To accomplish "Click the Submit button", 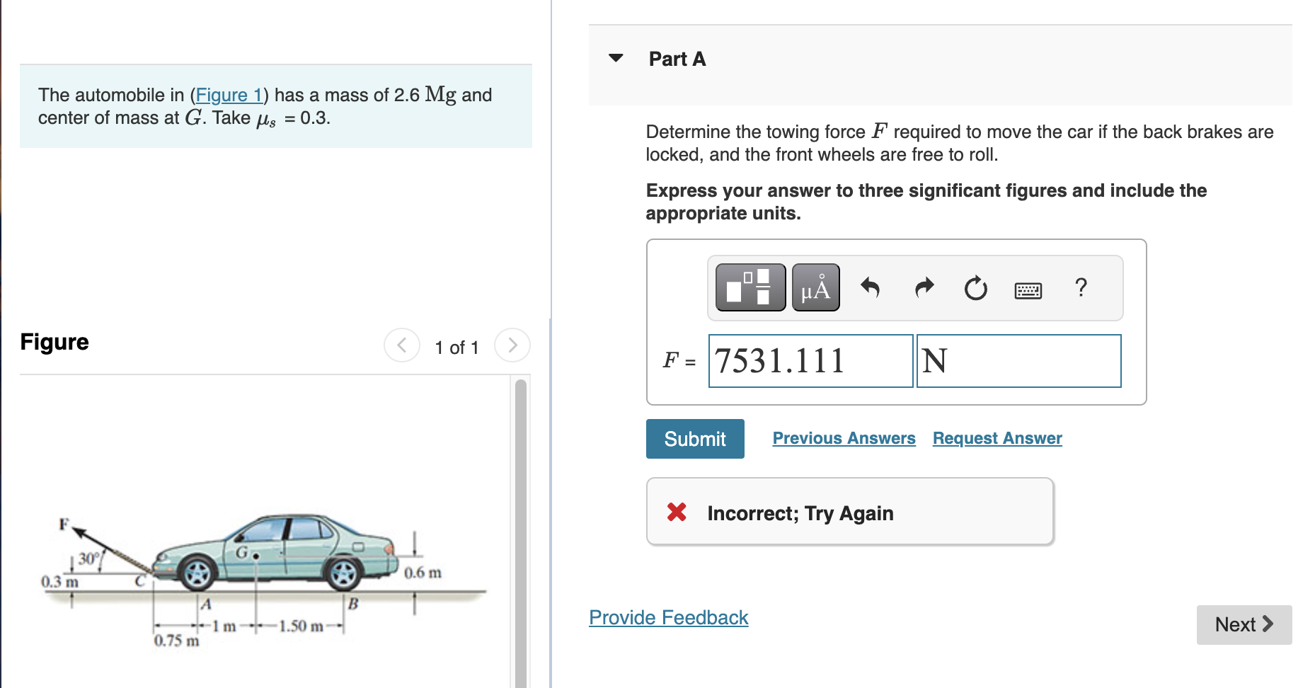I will coord(694,439).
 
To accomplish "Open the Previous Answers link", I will coord(844,438).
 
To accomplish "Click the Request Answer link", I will coord(997,438).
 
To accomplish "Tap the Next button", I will coord(1244,624).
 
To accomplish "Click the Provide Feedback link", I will coord(668,617).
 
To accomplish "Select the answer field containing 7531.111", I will coord(810,361).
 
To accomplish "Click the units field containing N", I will coord(1018,361).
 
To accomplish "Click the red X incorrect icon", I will coord(677,512).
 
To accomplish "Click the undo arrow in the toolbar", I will coord(870,287).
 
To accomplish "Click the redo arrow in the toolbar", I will coord(924,287).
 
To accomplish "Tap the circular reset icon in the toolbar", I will coord(975,288).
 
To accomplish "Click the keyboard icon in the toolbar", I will coord(1028,290).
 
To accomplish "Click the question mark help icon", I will coord(1081,287).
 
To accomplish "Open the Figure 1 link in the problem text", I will coord(229,95).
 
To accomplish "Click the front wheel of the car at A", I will coord(197,573).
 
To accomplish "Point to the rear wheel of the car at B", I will coord(344,573).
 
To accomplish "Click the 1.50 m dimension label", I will coord(301,626).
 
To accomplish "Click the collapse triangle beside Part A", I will coord(616,58).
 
